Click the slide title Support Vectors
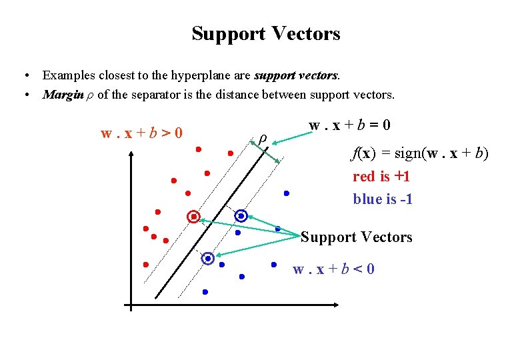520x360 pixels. pos(265,33)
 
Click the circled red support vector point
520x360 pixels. pos(193,217)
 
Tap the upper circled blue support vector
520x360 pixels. pos(241,216)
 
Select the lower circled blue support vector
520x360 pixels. pos(208,258)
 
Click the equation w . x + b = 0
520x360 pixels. pos(349,125)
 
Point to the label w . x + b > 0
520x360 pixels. pos(141,133)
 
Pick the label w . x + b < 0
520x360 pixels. pos(333,269)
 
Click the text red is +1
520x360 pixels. pos(381,177)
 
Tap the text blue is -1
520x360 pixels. pos(383,199)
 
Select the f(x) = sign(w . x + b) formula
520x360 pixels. pos(420,155)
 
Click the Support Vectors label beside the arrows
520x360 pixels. pos(357,237)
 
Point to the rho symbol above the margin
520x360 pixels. pos(263,138)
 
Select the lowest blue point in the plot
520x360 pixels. pos(205,292)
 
